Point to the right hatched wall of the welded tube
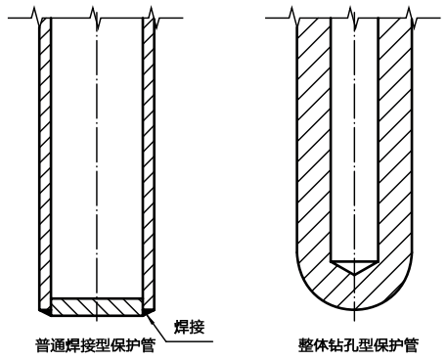148,157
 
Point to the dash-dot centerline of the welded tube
96,147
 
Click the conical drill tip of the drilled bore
352,265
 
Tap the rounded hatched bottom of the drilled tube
352,293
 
